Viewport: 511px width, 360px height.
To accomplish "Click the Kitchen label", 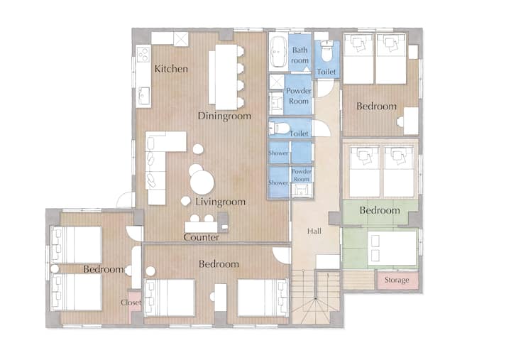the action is [171, 69].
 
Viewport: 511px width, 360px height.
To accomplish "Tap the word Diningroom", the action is [224, 116].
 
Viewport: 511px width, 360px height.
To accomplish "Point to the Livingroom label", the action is [221, 202].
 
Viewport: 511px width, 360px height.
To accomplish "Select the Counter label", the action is [201, 237].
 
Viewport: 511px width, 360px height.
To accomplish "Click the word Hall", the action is [314, 231].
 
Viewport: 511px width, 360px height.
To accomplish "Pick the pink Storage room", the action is [397, 280].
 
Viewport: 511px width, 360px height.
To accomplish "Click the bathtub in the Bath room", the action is [278, 52].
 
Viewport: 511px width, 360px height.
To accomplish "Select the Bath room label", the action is [300, 55].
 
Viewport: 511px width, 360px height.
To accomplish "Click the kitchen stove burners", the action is [143, 54].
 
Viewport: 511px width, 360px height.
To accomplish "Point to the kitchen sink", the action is [143, 96].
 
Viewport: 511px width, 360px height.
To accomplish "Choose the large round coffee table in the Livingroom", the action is [202, 182].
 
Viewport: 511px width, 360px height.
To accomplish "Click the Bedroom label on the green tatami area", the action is [380, 211].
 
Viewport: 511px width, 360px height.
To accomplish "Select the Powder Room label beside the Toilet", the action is [299, 96].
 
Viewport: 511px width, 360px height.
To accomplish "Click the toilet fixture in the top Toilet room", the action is [326, 51].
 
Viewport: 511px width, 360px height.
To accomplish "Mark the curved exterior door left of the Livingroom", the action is [126, 200].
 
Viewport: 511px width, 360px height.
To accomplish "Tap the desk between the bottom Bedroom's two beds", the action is [220, 298].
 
